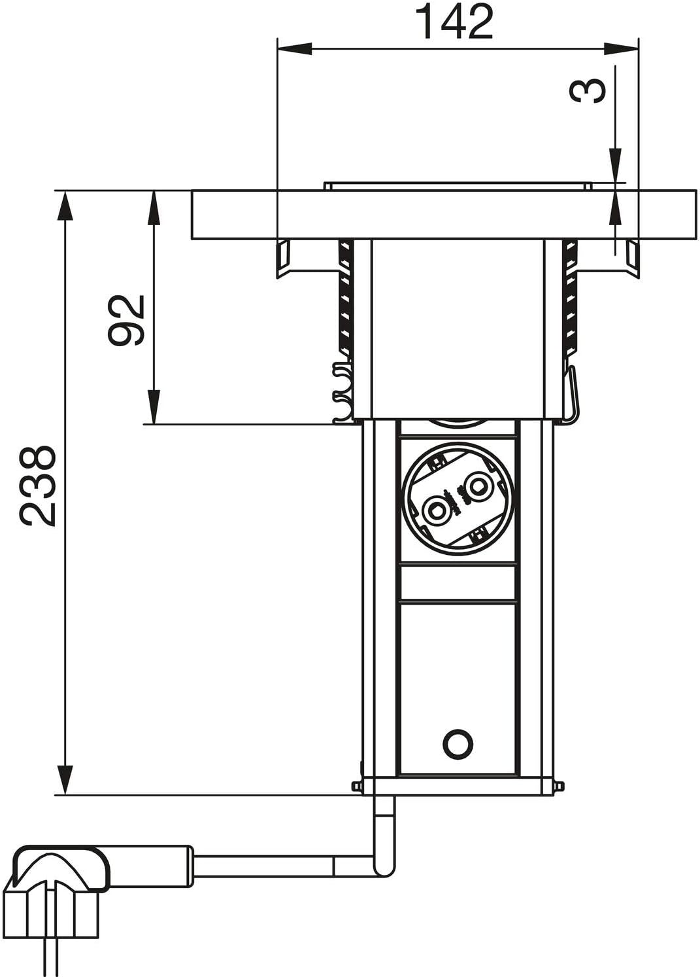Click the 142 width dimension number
456,22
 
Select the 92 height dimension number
125,320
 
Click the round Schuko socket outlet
458,498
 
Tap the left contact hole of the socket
436,509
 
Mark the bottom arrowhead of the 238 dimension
64,779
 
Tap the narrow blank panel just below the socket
458,584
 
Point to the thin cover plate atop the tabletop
458,187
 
